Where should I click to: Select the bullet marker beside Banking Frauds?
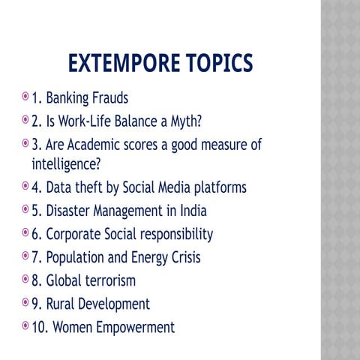pyautogui.click(x=26, y=97)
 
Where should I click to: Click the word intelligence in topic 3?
pyautogui.click(x=65, y=163)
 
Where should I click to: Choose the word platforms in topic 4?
pyautogui.click(x=217, y=187)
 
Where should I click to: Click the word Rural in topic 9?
pyautogui.click(x=61, y=304)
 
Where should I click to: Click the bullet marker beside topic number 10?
pyautogui.click(x=26, y=326)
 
